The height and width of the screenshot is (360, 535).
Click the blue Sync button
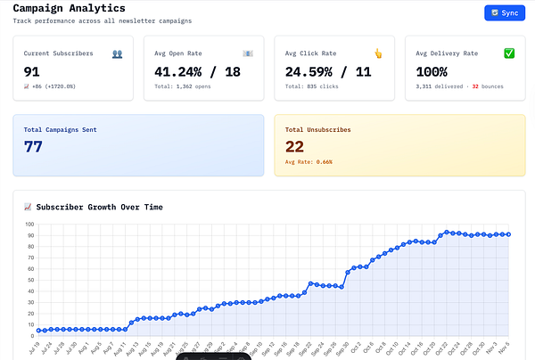(x=504, y=13)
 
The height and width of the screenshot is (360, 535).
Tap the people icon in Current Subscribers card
(x=117, y=53)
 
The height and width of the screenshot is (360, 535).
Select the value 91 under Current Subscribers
(x=32, y=71)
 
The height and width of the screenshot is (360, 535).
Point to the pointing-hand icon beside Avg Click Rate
(x=378, y=53)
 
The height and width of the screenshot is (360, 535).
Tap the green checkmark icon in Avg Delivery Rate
(x=509, y=53)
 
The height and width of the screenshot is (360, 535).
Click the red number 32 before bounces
(x=475, y=87)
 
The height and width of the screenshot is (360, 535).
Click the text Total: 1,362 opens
(x=184, y=87)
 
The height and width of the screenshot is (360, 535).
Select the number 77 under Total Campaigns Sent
(x=33, y=147)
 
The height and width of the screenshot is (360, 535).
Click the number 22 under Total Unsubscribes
(x=294, y=147)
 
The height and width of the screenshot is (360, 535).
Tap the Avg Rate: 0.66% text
(x=309, y=162)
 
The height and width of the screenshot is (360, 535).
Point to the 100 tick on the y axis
(x=29, y=225)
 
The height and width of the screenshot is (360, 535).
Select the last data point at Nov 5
(x=508, y=234)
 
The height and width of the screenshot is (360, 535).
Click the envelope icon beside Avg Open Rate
(x=248, y=53)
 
